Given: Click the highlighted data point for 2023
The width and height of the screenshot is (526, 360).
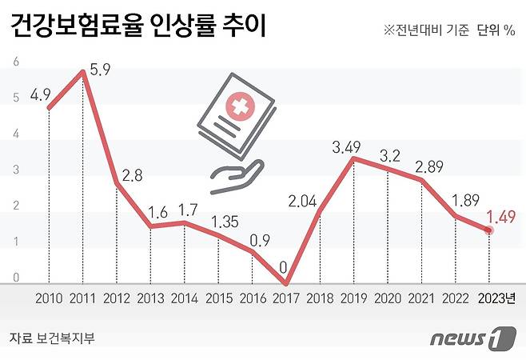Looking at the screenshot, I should (488, 230).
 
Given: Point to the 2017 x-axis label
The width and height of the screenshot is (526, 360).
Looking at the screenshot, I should (285, 298).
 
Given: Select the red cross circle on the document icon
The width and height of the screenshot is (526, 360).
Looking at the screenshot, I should (238, 106).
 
